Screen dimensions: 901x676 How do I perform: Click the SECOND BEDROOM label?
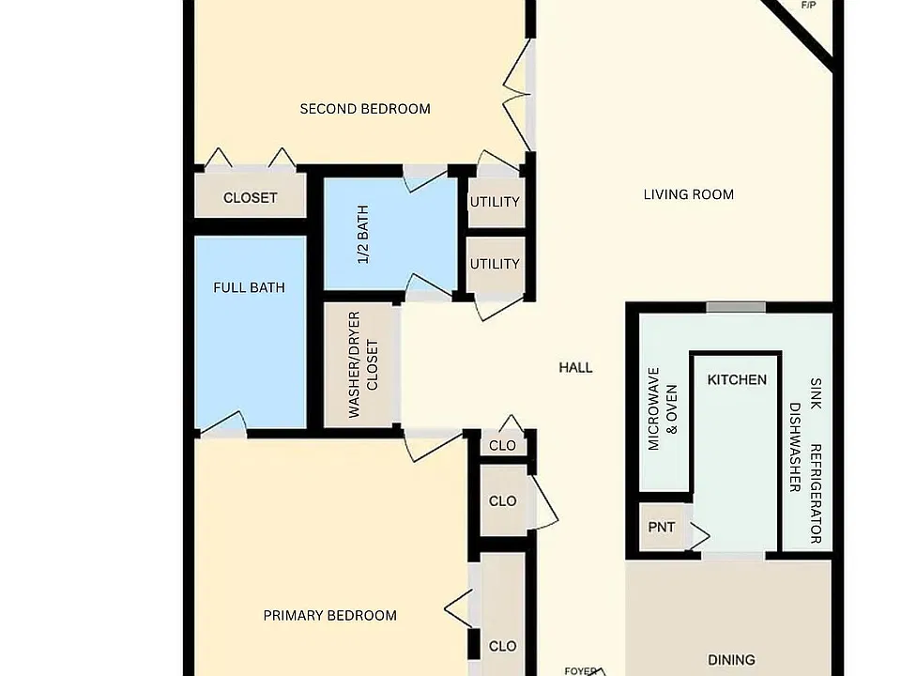coord(365,109)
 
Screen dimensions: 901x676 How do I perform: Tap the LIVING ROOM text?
coord(688,194)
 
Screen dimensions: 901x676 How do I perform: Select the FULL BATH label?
coord(249,287)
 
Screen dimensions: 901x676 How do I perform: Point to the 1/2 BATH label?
coord(363,235)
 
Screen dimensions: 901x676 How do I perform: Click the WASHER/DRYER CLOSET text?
coord(363,364)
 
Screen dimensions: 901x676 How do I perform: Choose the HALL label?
coord(575,367)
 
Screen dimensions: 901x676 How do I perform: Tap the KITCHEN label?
coord(737,379)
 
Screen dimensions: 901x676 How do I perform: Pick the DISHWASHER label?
coord(795,447)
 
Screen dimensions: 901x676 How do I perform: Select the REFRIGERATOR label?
coord(816,493)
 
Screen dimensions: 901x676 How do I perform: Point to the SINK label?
coord(816,393)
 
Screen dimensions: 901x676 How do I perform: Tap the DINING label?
coord(731,659)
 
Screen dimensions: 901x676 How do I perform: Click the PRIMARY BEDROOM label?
coord(329,616)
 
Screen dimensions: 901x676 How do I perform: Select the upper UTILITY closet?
coord(496,203)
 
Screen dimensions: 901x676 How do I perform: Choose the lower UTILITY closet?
coord(496,265)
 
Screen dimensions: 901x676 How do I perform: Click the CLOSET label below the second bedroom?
coord(250,198)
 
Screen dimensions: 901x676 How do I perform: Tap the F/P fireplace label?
coord(808,6)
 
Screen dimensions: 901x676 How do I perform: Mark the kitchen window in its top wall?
coord(736,308)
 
